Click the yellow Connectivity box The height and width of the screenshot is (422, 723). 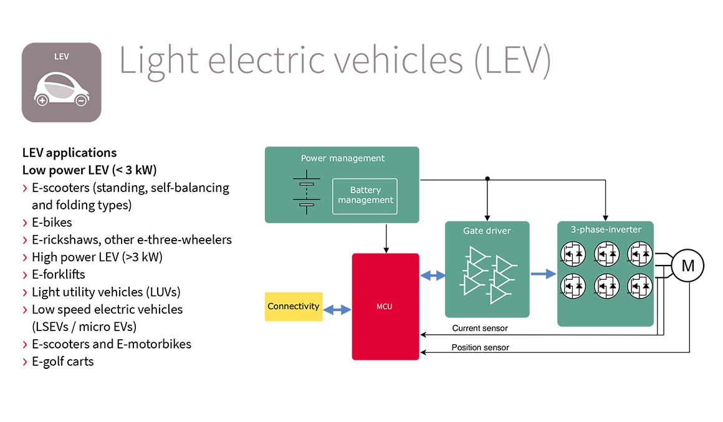click(294, 307)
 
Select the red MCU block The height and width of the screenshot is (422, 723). click(385, 307)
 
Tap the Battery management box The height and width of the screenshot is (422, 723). click(365, 196)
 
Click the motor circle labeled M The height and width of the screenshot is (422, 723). click(687, 266)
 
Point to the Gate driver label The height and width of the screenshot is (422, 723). click(486, 231)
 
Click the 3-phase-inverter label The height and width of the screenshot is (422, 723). click(605, 229)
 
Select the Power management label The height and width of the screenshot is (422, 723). click(343, 158)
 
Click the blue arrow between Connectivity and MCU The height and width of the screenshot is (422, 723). click(337, 309)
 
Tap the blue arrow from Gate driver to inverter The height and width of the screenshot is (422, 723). click(543, 273)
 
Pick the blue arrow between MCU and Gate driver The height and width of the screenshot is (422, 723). click(433, 274)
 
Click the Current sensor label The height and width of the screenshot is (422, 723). click(480, 328)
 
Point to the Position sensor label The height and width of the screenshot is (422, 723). click(480, 347)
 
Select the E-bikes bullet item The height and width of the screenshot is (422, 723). click(52, 223)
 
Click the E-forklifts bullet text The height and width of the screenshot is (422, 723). click(59, 274)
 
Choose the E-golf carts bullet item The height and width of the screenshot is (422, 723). click(62, 362)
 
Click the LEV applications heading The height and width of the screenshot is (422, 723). click(69, 153)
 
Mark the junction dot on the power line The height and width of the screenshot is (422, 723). click(487, 179)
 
